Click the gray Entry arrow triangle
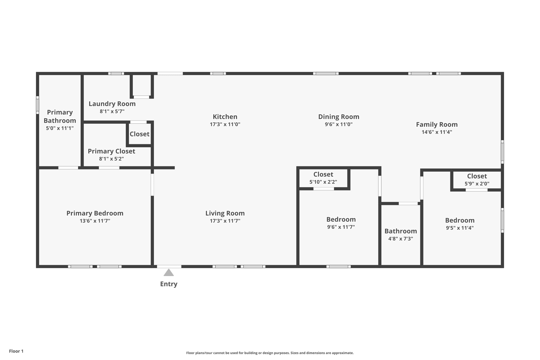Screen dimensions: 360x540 pos(168,273)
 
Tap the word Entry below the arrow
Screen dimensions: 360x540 pos(168,284)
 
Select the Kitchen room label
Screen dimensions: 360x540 pos(225,117)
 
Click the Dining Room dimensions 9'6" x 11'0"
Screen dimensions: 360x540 pos(339,124)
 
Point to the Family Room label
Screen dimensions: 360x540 pos(437,124)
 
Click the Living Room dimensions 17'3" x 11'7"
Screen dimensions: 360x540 pos(225,221)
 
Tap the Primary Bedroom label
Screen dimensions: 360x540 pos(95,213)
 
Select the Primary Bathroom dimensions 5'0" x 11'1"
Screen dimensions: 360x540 pos(60,128)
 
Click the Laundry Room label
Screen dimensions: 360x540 pos(112,104)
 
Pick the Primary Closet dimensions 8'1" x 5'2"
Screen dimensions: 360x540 pos(111,159)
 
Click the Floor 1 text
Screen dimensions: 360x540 pos(16,351)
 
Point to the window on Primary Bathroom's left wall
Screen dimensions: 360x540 pos(37,105)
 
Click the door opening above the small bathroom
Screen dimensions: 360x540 pos(408,203)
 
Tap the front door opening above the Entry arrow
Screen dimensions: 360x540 pos(169,266)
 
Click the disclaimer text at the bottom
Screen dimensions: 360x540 pos(270,353)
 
